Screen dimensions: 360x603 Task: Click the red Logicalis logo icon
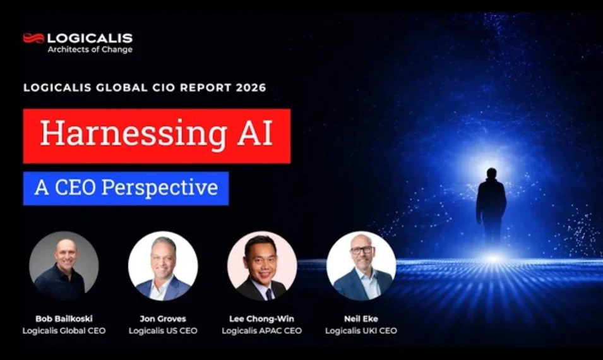[x=33, y=38]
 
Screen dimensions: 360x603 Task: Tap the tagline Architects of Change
[x=90, y=50]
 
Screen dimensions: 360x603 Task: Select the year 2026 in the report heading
[x=252, y=88]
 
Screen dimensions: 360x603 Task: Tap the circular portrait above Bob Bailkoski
[x=64, y=265]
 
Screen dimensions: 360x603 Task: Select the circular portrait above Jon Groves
[x=163, y=265]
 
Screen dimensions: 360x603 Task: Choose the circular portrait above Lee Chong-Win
[x=261, y=265]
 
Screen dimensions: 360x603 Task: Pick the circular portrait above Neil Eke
[x=361, y=265]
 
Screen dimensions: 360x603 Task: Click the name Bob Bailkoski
[x=64, y=319]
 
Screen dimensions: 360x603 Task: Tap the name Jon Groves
[x=163, y=319]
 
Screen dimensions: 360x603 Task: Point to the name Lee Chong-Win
[x=261, y=319]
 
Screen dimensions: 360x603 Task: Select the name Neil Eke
[x=361, y=319]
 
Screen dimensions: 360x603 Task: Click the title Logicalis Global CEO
[x=64, y=330]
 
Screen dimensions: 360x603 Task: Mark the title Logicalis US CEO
[x=163, y=330]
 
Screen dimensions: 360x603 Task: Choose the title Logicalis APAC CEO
[x=261, y=330]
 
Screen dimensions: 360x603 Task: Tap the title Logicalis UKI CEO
[x=361, y=330]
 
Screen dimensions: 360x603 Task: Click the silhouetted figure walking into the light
[x=491, y=205]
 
